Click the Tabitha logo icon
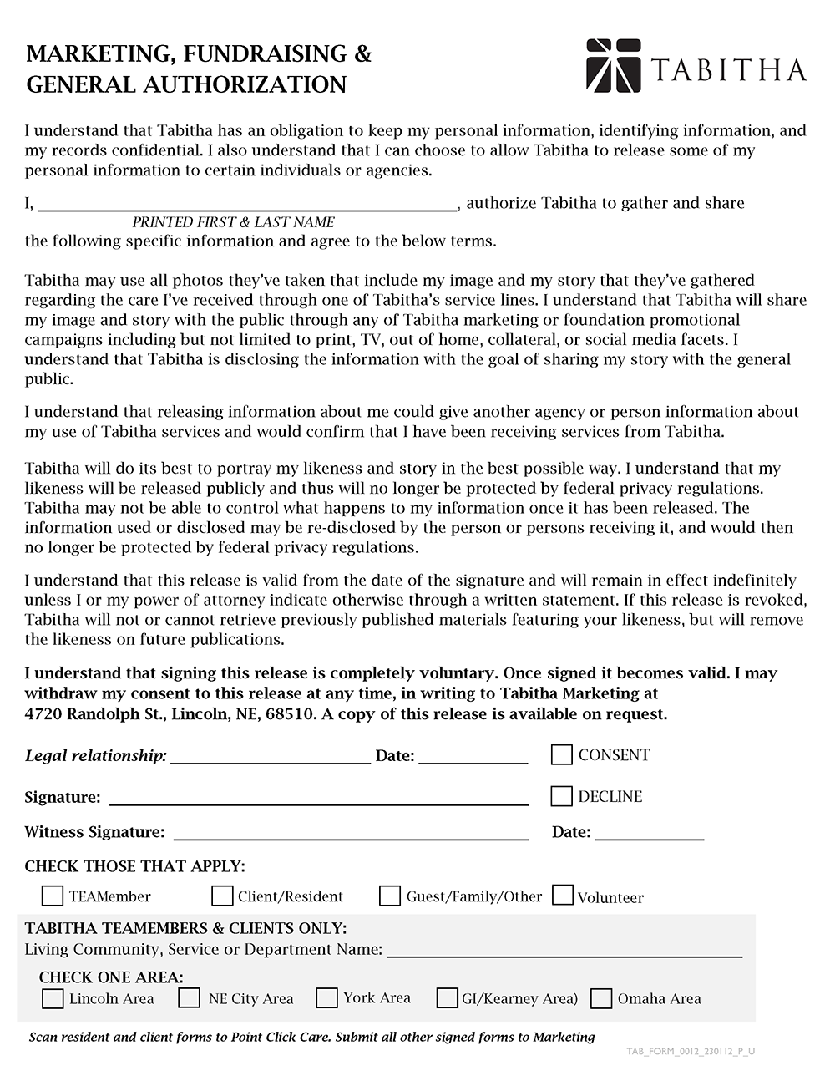pos(614,65)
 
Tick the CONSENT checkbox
pos(562,755)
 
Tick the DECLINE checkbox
pos(562,796)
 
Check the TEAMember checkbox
pos(53,896)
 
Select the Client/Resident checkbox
pos(222,896)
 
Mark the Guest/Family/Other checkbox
pos(390,896)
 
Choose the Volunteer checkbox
pos(563,896)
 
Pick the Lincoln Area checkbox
pos(53,998)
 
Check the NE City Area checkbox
pos(190,998)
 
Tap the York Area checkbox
pos(326,998)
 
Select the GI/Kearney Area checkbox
pos(448,998)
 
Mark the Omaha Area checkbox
pos(601,998)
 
